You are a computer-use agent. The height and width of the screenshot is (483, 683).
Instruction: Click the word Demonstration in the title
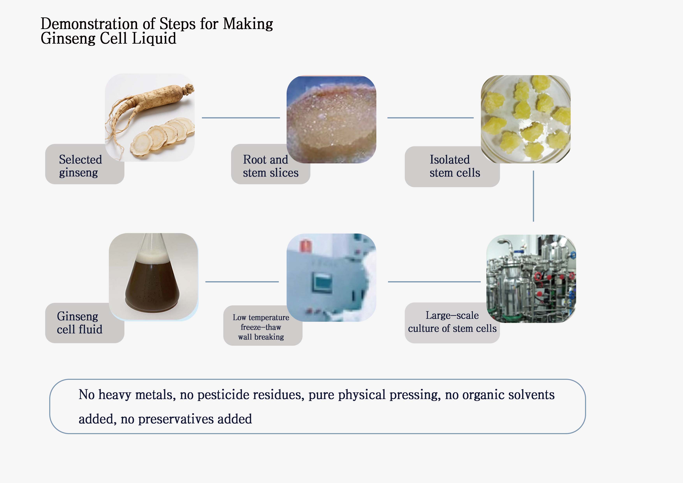point(89,24)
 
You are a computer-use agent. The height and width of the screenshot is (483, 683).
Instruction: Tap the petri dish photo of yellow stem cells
point(526,119)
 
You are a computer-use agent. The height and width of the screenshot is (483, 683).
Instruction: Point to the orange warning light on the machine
point(305,246)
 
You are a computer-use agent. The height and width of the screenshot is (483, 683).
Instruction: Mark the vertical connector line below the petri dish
point(533,196)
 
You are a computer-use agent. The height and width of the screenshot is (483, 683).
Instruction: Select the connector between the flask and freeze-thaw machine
point(242,282)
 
